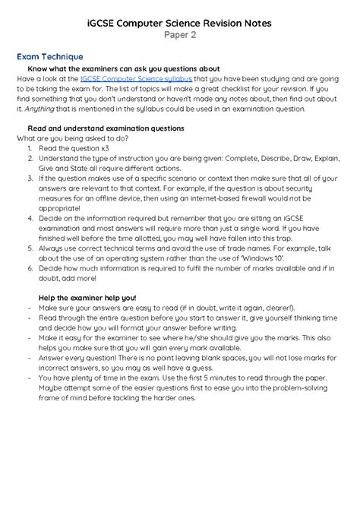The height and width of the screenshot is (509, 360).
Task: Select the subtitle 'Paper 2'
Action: point(180,36)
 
